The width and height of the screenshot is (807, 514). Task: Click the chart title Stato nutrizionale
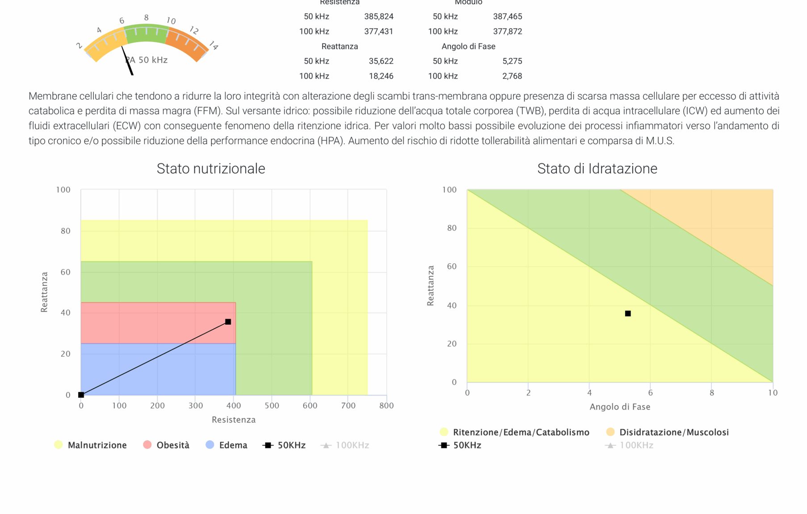[211, 169]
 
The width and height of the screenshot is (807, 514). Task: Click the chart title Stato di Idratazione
[597, 169]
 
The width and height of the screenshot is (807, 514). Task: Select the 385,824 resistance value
[379, 17]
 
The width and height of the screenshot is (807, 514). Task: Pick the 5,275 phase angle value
[512, 61]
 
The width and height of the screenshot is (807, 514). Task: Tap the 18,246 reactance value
[381, 76]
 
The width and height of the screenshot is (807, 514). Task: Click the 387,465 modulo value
[507, 17]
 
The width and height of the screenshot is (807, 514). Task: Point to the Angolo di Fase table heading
[468, 46]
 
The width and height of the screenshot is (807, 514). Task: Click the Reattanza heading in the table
[339, 46]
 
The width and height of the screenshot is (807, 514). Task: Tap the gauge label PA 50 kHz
[147, 60]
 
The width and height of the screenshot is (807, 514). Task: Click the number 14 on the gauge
[213, 46]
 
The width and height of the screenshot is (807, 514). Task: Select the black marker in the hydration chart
[627, 313]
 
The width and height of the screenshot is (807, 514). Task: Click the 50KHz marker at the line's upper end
[228, 322]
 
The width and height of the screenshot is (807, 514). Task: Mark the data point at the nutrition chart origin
[81, 395]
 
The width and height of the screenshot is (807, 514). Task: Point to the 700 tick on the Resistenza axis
[348, 405]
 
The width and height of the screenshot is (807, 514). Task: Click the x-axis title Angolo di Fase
[619, 407]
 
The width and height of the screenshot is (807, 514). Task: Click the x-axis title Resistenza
[234, 420]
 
